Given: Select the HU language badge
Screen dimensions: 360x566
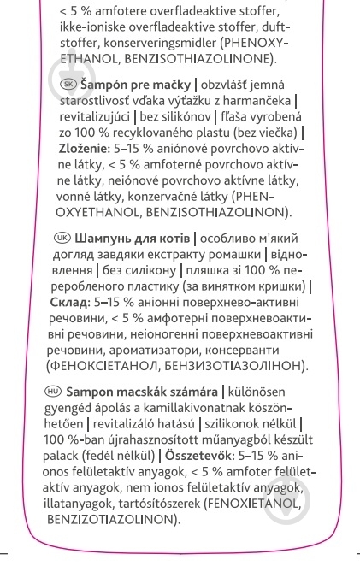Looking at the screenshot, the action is coord(52,392).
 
